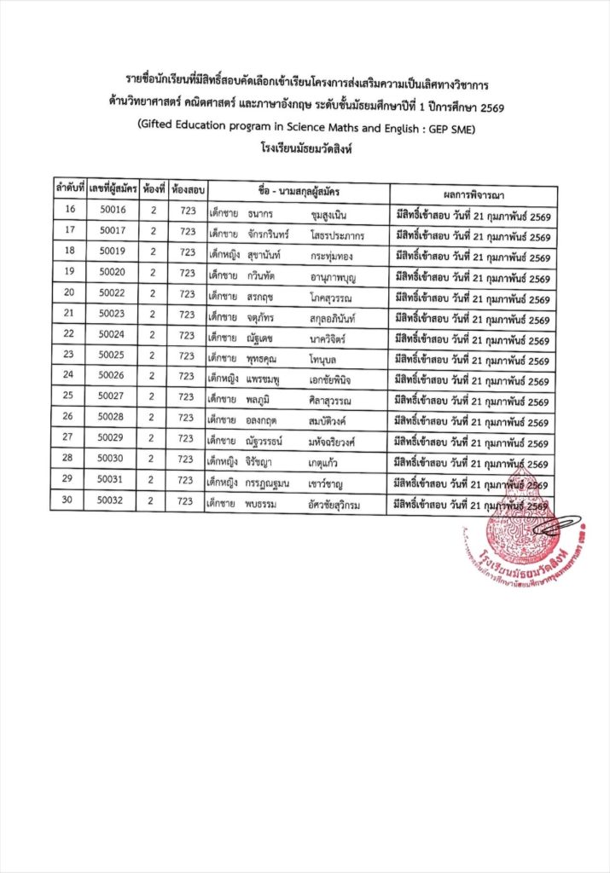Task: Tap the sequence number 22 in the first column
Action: click(x=69, y=335)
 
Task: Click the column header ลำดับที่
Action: click(x=69, y=187)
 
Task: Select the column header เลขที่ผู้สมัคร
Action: click(x=112, y=188)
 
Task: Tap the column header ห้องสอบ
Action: click(x=186, y=188)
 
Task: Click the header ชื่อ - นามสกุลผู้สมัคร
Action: click(x=297, y=189)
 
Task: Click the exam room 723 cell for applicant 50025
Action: click(x=186, y=356)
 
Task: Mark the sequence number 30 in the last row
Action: click(x=68, y=501)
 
